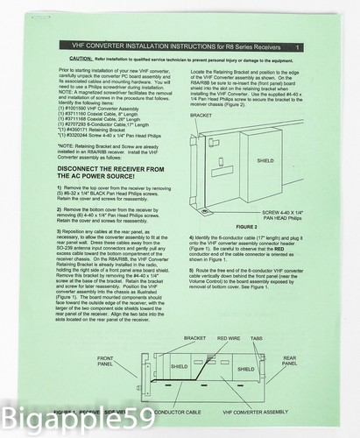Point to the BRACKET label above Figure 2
pyautogui.click(x=201, y=114)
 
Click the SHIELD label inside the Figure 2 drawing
pyautogui.click(x=265, y=161)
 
